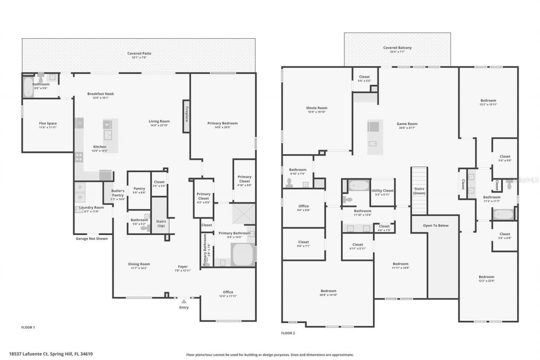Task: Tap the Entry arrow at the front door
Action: tap(184, 301)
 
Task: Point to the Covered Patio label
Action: tap(139, 54)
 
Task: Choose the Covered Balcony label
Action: tap(397, 48)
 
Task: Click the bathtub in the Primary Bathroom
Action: tap(243, 254)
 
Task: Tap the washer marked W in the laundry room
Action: tap(80, 198)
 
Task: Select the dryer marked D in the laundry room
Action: tap(80, 187)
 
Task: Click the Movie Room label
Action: tap(316, 108)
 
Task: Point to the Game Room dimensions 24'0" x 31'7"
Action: tap(407, 128)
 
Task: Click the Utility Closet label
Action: tap(382, 191)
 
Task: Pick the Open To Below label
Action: tap(436, 225)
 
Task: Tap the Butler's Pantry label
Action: tap(118, 193)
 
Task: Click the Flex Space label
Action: tap(48, 123)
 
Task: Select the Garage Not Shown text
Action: tap(92, 238)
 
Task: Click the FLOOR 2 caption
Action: tap(288, 333)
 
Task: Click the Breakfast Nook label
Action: tap(100, 94)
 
